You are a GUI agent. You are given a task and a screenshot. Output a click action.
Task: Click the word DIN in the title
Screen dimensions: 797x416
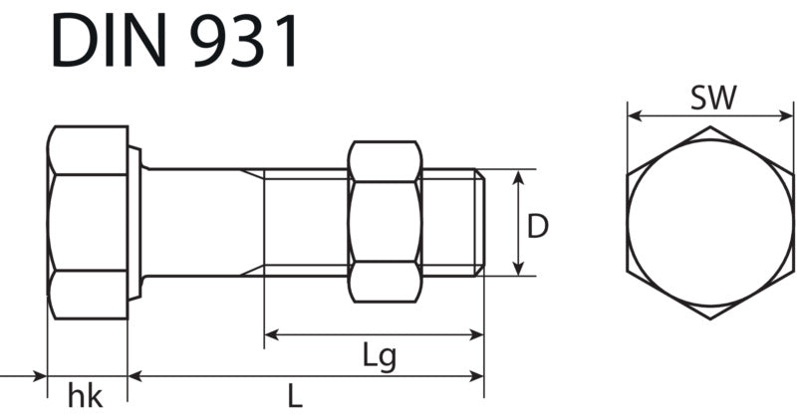[110, 41]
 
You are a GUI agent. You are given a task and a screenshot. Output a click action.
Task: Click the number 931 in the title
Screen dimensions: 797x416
[243, 41]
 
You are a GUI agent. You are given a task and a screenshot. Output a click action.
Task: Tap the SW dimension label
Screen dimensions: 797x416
[713, 99]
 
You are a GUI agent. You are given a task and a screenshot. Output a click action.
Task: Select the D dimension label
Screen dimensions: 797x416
[538, 227]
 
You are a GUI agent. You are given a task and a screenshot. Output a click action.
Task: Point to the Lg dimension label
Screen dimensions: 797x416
[380, 357]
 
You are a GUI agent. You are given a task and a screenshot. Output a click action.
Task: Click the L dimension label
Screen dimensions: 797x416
[295, 396]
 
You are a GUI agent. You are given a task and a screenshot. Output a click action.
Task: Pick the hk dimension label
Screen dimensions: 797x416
[86, 397]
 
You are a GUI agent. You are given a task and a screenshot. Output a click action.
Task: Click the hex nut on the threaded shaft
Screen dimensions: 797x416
[385, 222]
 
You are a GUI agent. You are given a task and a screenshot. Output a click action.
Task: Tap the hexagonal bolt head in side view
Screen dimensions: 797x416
[88, 223]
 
